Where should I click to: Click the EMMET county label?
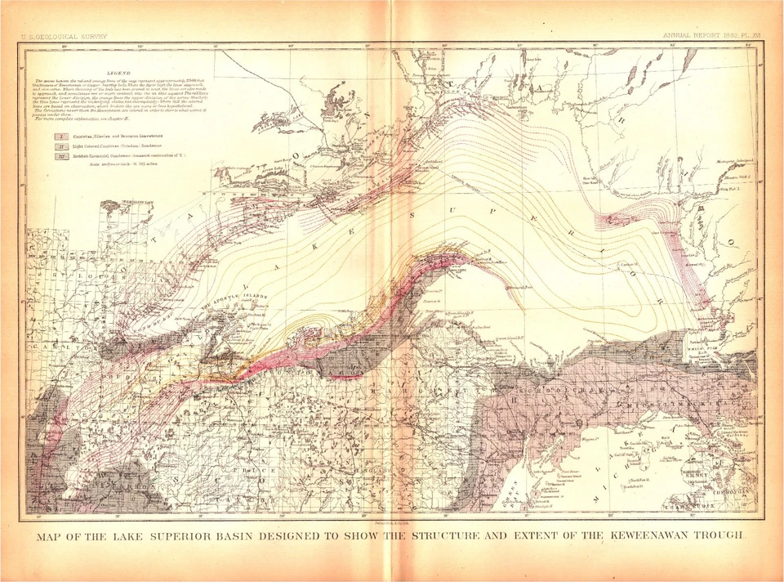point(695,472)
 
